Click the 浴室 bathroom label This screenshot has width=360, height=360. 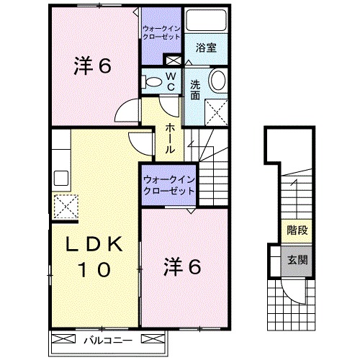pos(207,48)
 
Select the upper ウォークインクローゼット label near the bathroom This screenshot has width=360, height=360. pos(161,31)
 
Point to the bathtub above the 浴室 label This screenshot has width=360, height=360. pos(205,21)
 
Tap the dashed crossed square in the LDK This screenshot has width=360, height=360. pos(63,206)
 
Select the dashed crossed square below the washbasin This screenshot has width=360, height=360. pos(215,111)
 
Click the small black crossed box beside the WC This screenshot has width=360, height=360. pos(172,60)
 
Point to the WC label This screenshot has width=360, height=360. pos(171,80)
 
